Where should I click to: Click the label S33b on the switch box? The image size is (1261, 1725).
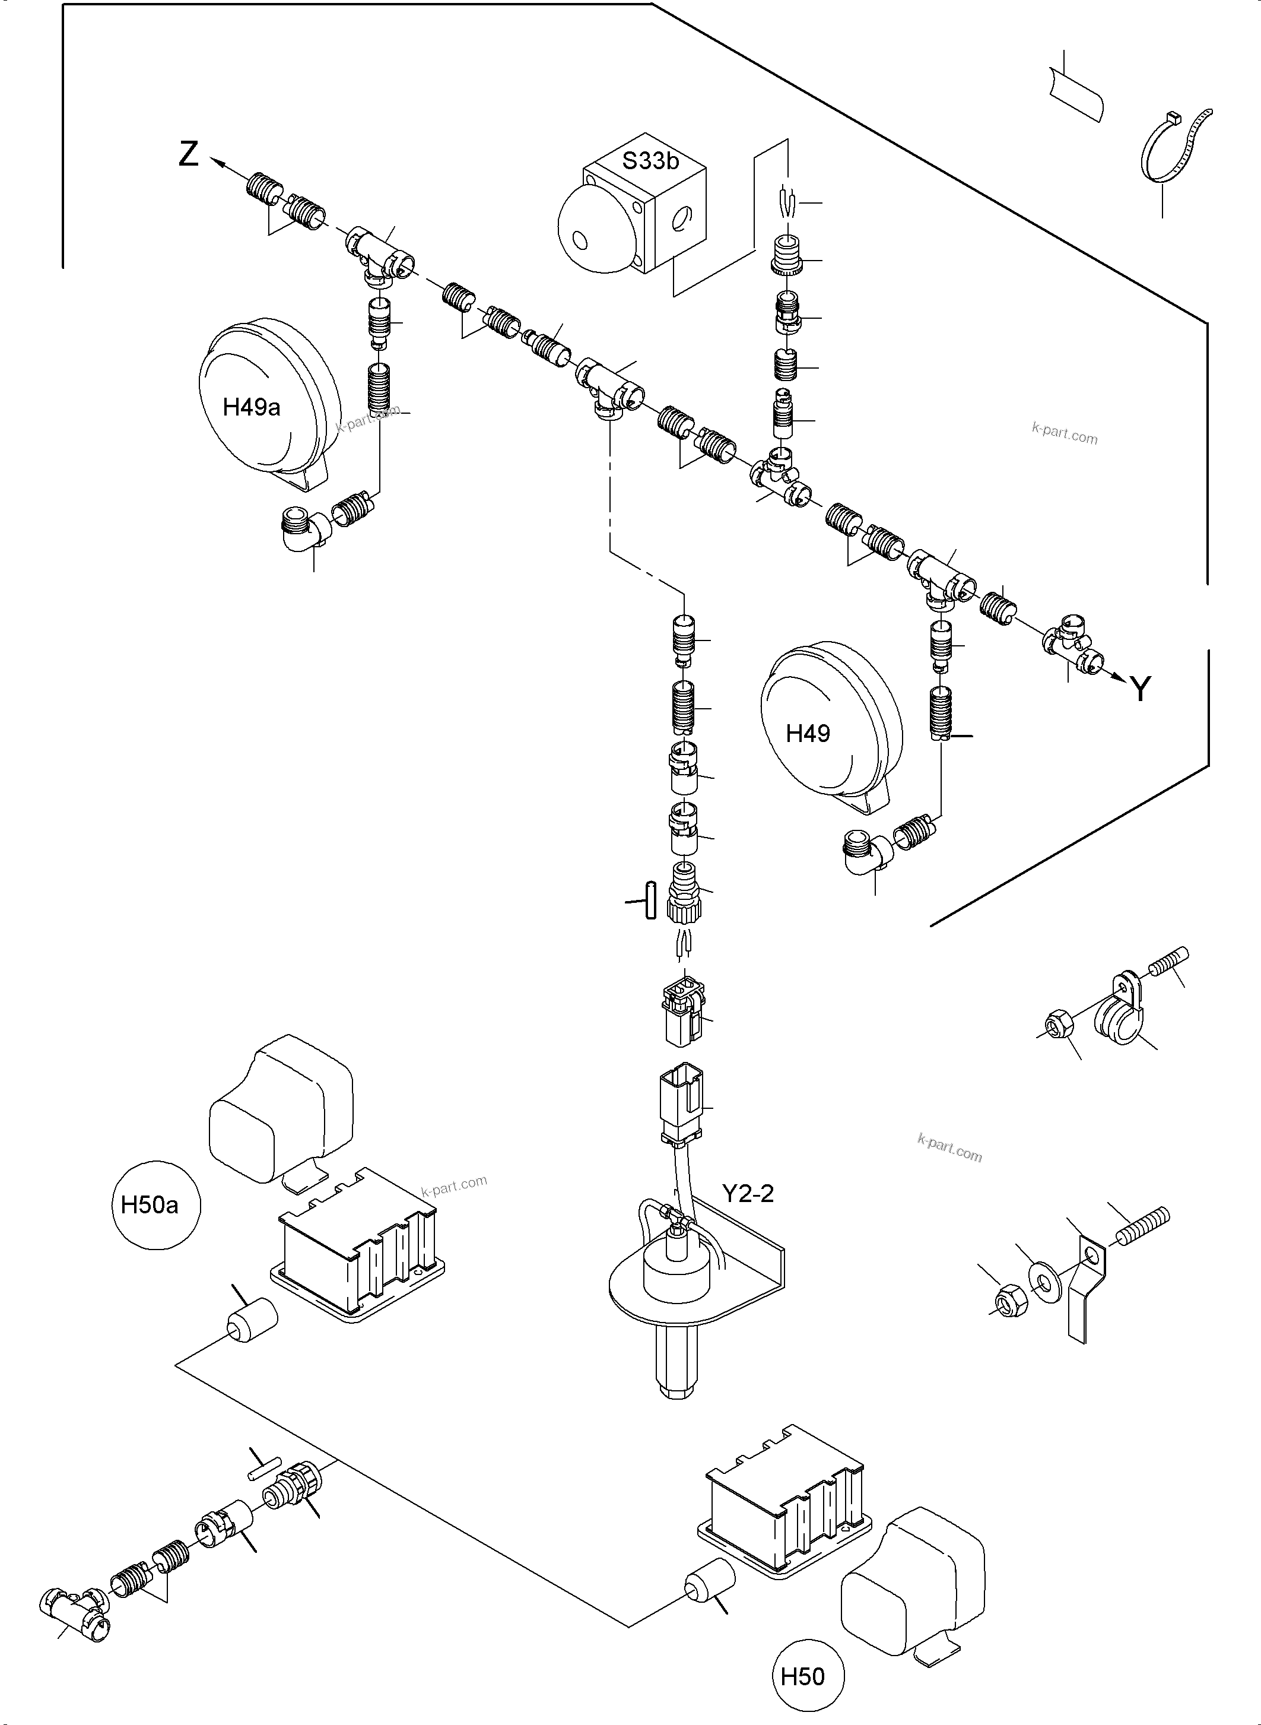coord(650,161)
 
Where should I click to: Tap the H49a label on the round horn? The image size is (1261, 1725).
coord(251,407)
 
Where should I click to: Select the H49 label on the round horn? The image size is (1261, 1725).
coord(808,734)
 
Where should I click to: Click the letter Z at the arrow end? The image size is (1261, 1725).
coord(189,155)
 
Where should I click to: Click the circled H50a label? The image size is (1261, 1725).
coord(150,1205)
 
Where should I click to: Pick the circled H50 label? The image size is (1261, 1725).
coord(802,1676)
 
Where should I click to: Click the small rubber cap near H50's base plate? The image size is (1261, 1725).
coord(709,1581)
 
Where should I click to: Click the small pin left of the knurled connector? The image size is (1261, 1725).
coord(650,900)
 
